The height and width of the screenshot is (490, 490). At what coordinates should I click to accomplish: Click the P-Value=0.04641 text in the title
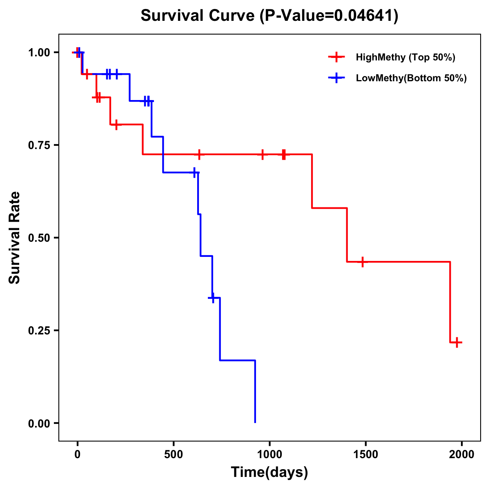pyautogui.click(x=330, y=16)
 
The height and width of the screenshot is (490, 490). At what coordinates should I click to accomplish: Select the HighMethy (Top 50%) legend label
pyautogui.click(x=405, y=57)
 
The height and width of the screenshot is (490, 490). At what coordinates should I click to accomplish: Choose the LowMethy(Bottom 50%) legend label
pyautogui.click(x=411, y=78)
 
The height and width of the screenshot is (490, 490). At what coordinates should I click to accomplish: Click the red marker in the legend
pyautogui.click(x=336, y=57)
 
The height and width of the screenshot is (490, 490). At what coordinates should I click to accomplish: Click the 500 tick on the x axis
pyautogui.click(x=174, y=454)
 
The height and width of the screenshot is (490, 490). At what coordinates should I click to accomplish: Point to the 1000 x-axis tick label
pyautogui.click(x=269, y=454)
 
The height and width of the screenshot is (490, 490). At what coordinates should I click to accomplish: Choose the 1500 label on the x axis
pyautogui.click(x=365, y=454)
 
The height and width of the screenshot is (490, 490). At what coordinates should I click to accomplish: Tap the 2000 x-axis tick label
pyautogui.click(x=462, y=454)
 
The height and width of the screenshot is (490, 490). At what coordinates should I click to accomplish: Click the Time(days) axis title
pyautogui.click(x=269, y=472)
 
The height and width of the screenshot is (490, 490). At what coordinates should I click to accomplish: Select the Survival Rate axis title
pyautogui.click(x=15, y=238)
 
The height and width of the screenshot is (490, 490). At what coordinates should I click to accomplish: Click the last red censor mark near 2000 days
pyautogui.click(x=457, y=342)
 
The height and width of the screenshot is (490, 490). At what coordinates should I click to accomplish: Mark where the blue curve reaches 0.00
pyautogui.click(x=255, y=422)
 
